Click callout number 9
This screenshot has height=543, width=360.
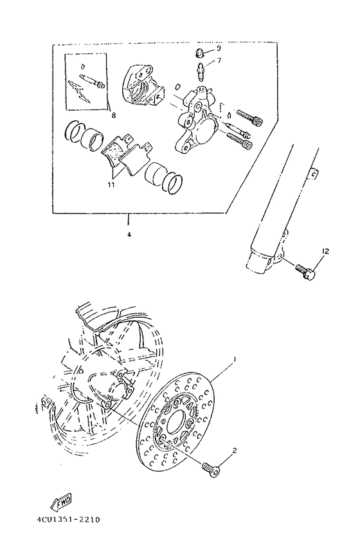point(218,48)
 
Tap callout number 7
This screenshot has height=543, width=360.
point(218,60)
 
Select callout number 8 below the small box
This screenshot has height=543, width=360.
point(113,116)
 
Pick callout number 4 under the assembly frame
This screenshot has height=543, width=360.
point(129,235)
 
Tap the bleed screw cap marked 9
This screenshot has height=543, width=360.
point(200,53)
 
